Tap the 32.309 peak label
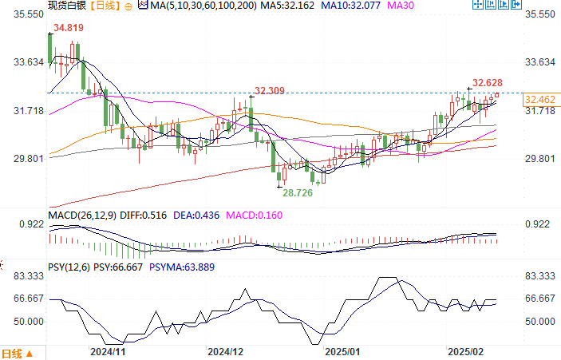(271, 90)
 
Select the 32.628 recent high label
(488, 82)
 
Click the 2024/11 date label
(108, 350)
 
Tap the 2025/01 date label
(343, 350)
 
